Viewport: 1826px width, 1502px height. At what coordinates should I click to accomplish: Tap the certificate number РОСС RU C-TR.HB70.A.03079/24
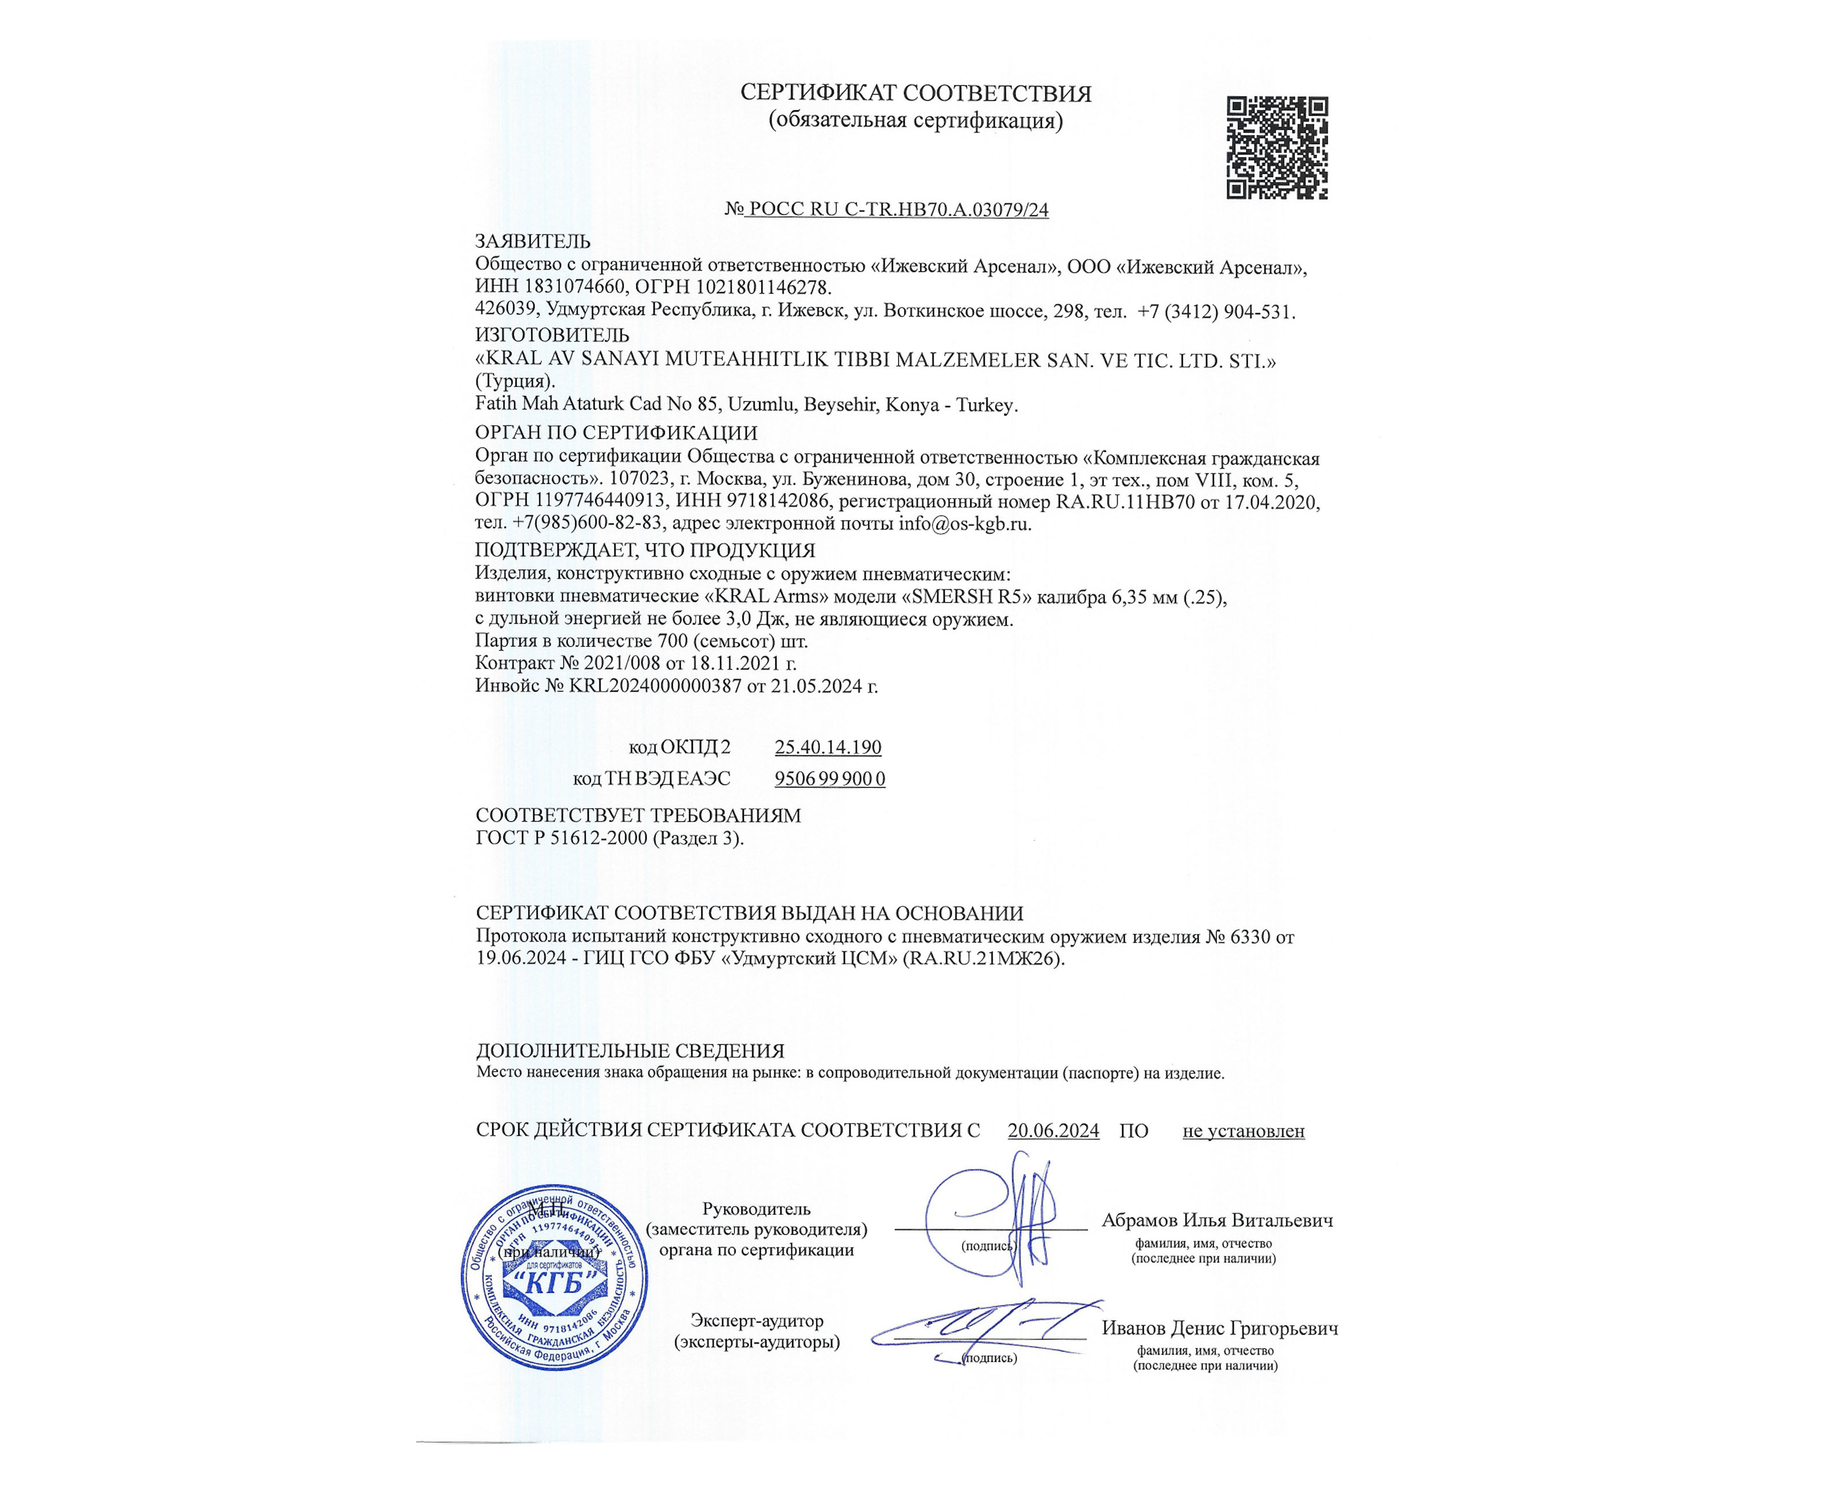pos(897,209)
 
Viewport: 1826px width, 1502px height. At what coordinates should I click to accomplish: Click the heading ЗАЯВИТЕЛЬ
pos(532,241)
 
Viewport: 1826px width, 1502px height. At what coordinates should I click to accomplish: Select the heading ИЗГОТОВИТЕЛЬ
pos(552,335)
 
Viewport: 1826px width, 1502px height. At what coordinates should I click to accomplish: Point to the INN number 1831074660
pos(570,287)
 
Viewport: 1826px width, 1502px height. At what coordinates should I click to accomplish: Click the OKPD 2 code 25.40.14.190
pos(827,747)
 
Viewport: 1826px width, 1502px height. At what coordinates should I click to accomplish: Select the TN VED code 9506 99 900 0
pos(829,779)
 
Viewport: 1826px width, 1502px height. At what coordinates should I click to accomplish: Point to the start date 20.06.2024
pos(1053,1131)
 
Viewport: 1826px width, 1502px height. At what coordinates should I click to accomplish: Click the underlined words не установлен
pos(1243,1131)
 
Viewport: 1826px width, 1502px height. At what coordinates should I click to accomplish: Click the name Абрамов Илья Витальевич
pos(1217,1221)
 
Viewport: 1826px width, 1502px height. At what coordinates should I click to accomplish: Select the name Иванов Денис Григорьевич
pos(1219,1328)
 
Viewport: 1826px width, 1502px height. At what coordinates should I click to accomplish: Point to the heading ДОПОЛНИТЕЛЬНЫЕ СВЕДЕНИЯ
pos(630,1051)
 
